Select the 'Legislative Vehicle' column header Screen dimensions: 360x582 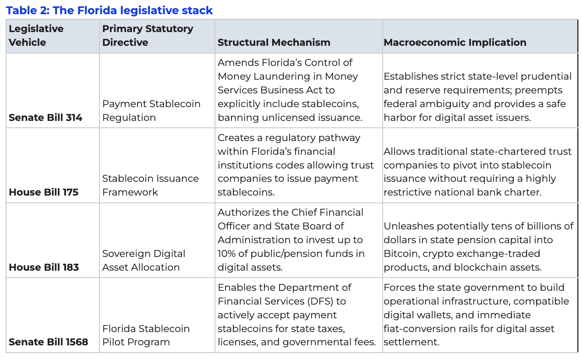(36, 35)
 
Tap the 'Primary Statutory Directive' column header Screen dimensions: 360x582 (148, 35)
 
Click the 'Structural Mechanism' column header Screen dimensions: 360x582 (274, 43)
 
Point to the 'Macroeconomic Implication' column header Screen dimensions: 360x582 (455, 43)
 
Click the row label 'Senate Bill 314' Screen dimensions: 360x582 (45, 118)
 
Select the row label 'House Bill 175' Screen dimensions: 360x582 (44, 192)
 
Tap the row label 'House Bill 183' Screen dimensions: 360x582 (44, 267)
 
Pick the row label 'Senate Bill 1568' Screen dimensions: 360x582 (48, 342)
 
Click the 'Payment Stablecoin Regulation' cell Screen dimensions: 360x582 (151, 111)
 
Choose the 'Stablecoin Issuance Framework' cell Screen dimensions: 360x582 (150, 185)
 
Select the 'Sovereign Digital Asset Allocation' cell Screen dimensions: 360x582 (143, 261)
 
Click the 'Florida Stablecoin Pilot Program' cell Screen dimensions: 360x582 (146, 335)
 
